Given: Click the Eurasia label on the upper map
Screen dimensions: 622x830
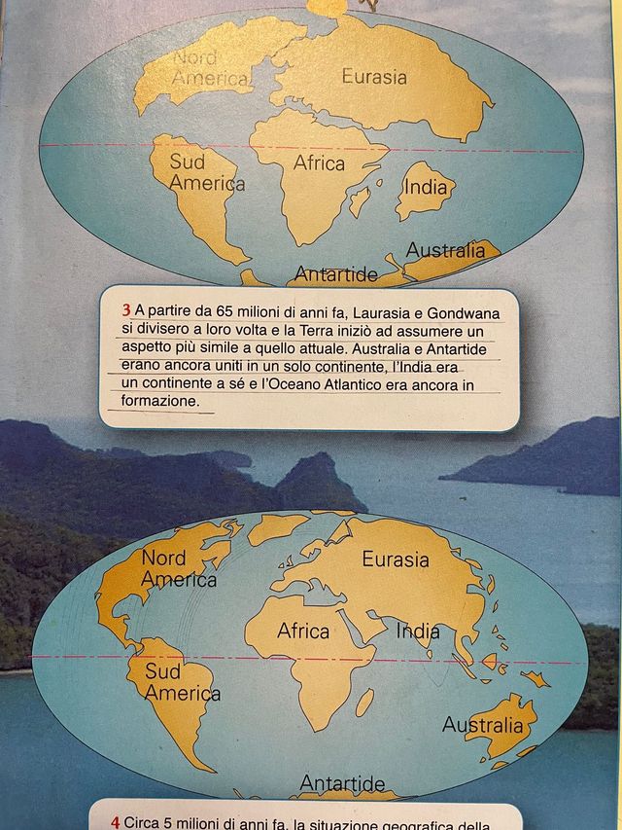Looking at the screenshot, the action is click(374, 76).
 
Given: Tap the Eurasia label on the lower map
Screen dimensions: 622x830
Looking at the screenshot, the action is click(396, 559).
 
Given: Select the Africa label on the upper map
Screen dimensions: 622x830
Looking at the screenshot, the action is click(319, 163).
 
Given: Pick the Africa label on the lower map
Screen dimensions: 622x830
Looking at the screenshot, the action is click(303, 632).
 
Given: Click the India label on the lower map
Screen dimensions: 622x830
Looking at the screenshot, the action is click(418, 631).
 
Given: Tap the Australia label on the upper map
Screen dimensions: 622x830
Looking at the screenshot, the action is click(445, 250).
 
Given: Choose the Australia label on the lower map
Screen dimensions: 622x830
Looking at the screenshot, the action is click(482, 725).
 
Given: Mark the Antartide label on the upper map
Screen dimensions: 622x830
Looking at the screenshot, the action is click(335, 275).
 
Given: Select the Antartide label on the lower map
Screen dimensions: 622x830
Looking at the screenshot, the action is click(342, 783).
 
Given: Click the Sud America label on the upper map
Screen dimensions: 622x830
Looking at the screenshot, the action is click(207, 172).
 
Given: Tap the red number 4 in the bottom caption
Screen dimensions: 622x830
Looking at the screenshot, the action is click(115, 822).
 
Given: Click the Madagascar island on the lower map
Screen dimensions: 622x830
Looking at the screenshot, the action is click(364, 702).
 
